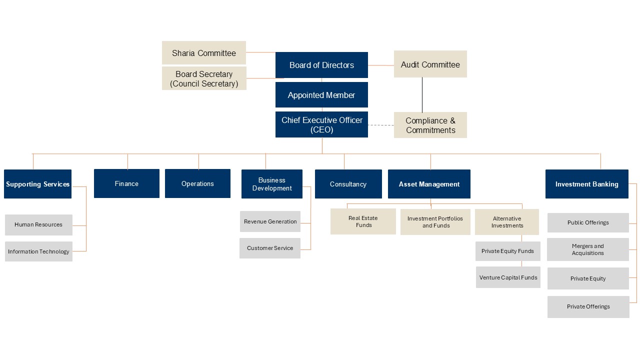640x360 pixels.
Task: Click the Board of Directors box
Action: (x=321, y=65)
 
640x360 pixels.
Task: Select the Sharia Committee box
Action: (x=204, y=53)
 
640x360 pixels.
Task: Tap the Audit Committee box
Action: (x=430, y=64)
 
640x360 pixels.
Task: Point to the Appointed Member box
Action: (x=321, y=95)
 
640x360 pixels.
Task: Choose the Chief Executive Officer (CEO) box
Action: (x=321, y=125)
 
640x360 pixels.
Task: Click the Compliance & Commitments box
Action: (x=430, y=125)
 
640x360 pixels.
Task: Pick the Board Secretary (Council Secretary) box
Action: (x=204, y=78)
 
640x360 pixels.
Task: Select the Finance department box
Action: (x=126, y=183)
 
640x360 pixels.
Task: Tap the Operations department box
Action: (x=197, y=183)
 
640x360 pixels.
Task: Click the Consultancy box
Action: (x=348, y=184)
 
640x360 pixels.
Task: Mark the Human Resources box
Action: (x=38, y=225)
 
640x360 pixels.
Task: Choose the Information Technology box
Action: (x=38, y=251)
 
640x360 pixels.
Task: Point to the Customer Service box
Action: (x=270, y=248)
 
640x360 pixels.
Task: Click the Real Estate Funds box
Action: (x=363, y=221)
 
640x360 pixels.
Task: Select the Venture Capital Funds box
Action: (x=508, y=277)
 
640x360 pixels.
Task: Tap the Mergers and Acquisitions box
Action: (x=588, y=249)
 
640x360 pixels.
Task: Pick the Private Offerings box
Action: (x=588, y=306)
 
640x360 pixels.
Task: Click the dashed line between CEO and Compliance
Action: (x=381, y=125)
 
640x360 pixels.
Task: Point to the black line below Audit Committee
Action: (x=422, y=95)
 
